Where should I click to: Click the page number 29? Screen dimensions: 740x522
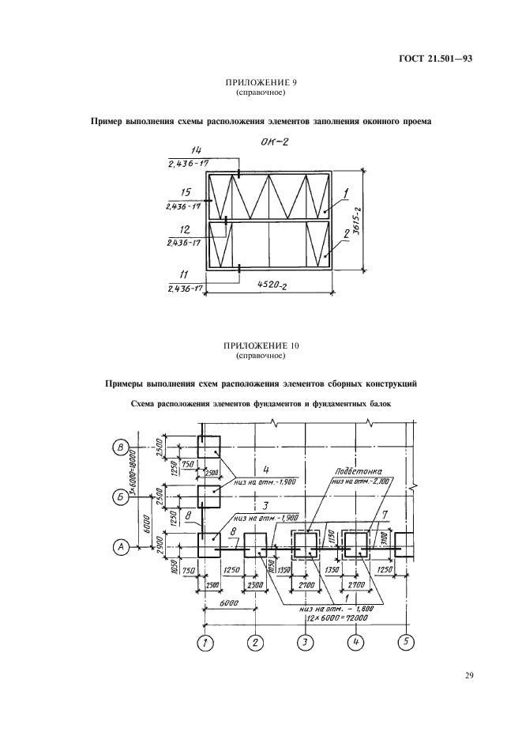tap(468, 676)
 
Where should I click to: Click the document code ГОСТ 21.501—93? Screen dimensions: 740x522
tap(430, 59)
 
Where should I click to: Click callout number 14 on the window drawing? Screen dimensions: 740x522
tap(186, 150)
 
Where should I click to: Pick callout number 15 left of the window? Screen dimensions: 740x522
tap(186, 192)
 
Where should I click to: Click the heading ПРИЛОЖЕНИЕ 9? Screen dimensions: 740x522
tap(261, 83)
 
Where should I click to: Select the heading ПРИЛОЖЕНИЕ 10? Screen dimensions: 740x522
tap(261, 347)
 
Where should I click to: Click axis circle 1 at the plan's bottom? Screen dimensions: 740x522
tap(205, 642)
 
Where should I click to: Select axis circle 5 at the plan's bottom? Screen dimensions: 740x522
tap(405, 642)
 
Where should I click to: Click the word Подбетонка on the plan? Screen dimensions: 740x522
tap(350, 469)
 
